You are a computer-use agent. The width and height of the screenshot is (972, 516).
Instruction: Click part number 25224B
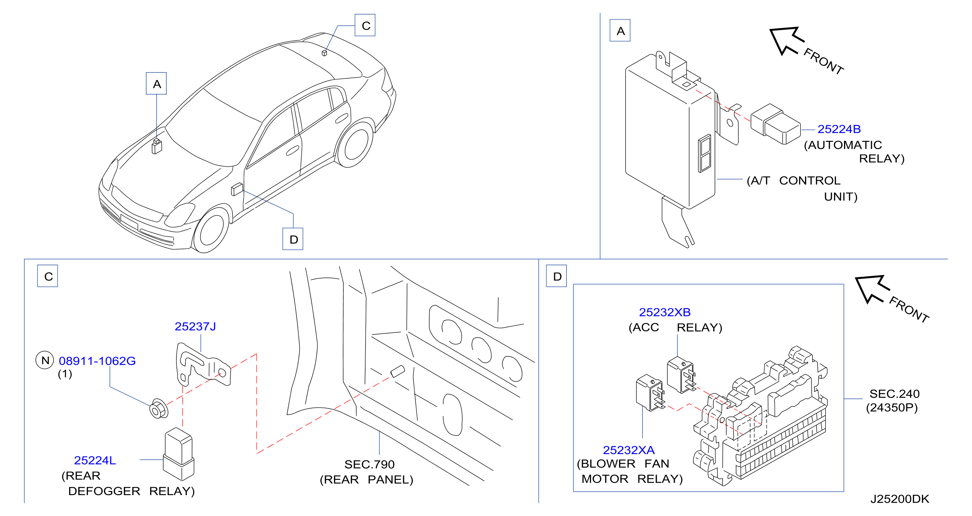pyautogui.click(x=839, y=129)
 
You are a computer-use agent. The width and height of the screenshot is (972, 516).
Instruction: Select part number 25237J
pyautogui.click(x=195, y=326)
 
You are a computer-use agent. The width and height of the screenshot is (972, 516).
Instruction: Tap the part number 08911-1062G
pyautogui.click(x=97, y=361)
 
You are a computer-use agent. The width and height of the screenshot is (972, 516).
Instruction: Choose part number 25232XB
pyautogui.click(x=664, y=312)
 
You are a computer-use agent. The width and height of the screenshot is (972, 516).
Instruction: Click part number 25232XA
pyautogui.click(x=629, y=450)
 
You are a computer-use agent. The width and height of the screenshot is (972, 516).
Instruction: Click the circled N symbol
pyautogui.click(x=45, y=360)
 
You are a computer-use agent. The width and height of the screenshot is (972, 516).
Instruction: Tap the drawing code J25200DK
pyautogui.click(x=900, y=499)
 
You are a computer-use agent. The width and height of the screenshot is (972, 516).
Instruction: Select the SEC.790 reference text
pyautogui.click(x=369, y=464)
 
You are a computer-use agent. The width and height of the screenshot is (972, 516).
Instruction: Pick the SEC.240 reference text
pyautogui.click(x=894, y=394)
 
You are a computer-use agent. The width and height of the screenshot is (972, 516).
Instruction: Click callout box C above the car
pyautogui.click(x=365, y=25)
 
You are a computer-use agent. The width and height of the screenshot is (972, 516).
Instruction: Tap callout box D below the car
pyautogui.click(x=293, y=239)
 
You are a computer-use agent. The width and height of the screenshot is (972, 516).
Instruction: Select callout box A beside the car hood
pyautogui.click(x=156, y=83)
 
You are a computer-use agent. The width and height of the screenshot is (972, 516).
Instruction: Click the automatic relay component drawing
pyautogui.click(x=775, y=124)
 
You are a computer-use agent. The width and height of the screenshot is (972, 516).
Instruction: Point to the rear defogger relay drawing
pyautogui.click(x=178, y=454)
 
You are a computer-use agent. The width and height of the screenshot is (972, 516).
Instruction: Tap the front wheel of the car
pyautogui.click(x=211, y=230)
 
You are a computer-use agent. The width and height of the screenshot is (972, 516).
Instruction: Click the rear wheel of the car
pyautogui.click(x=354, y=143)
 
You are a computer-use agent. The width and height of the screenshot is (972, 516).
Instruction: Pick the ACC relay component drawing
pyautogui.click(x=682, y=375)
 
